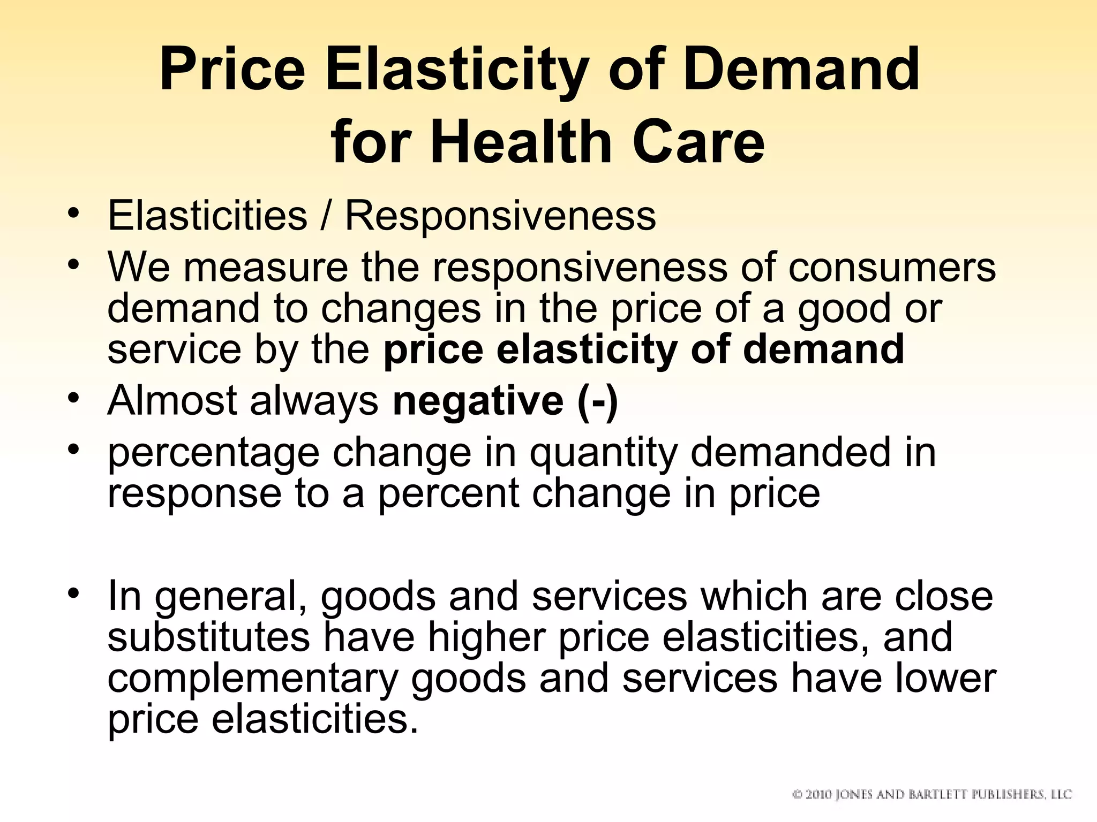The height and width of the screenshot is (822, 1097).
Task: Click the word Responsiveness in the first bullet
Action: coord(500,216)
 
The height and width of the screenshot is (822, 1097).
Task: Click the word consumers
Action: coord(892,268)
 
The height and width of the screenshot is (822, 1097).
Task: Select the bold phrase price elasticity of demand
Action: coord(644,349)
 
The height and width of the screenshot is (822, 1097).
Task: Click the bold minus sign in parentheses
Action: coord(598,401)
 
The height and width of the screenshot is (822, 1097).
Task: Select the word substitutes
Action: coord(208,637)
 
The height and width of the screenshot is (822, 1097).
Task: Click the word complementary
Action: coord(253,679)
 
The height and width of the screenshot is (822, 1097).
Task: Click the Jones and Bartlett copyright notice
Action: coord(931,794)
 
